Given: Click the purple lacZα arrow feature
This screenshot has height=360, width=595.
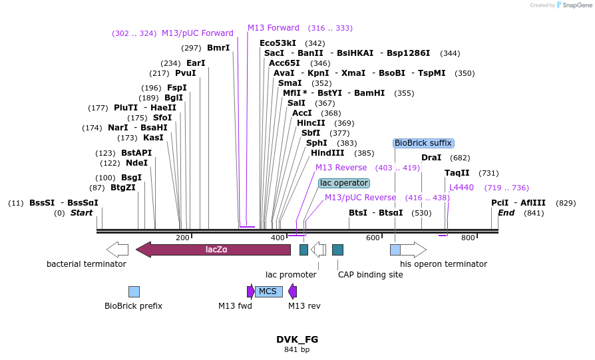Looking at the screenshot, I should [213, 250].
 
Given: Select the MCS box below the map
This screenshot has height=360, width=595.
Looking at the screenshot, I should [268, 291].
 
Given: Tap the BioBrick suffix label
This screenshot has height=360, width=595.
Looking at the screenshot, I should [423, 143].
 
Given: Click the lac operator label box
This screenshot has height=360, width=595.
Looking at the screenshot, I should [343, 183].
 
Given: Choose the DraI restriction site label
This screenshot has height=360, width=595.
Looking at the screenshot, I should [431, 158].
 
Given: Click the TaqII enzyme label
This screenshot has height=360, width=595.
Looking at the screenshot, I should [457, 173].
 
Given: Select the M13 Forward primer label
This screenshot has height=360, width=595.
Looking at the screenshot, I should [274, 28].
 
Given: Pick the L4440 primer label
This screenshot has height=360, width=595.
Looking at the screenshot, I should [461, 188].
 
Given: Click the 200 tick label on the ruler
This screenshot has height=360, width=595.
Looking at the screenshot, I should [182, 238].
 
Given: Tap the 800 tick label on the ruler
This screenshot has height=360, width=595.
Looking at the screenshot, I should [468, 238].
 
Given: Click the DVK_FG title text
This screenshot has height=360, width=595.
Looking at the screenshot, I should [297, 339].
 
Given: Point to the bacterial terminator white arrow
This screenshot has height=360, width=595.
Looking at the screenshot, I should [117, 250].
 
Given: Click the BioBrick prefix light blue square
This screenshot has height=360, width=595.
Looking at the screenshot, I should [134, 291].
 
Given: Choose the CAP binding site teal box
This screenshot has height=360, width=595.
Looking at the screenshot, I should [337, 250].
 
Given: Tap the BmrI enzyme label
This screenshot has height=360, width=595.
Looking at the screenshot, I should [218, 48].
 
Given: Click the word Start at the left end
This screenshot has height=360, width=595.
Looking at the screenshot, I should [81, 213].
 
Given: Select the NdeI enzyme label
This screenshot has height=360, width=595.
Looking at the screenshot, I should [136, 163].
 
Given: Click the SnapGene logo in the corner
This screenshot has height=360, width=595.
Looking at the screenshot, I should [574, 5].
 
